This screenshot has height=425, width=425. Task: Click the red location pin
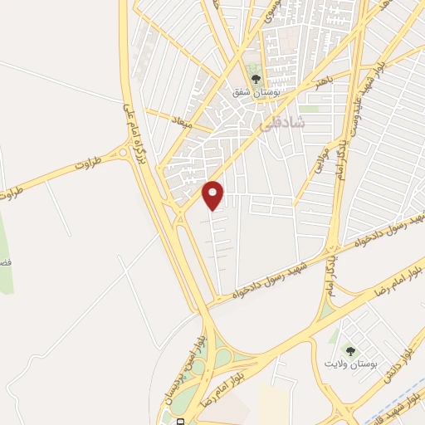click(x=213, y=195)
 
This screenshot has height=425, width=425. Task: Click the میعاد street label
click(x=182, y=122)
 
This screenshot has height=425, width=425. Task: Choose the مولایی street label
click(x=321, y=159)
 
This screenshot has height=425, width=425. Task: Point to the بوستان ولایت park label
click(x=351, y=364)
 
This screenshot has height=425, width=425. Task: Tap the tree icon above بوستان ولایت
click(x=349, y=351)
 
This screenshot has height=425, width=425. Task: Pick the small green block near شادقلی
click(x=309, y=109)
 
